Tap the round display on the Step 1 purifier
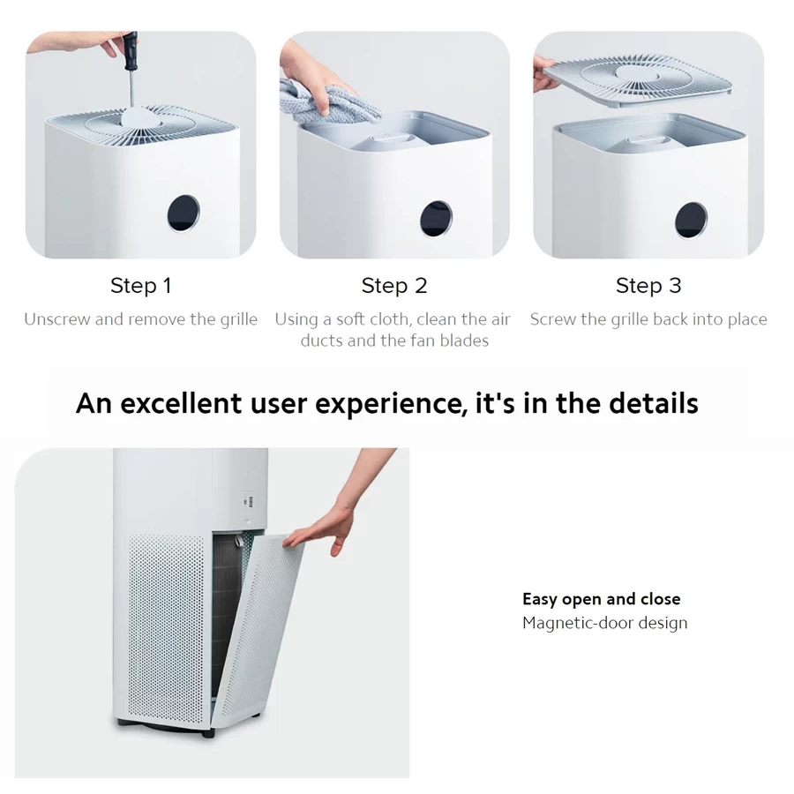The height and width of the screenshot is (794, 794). point(183,213)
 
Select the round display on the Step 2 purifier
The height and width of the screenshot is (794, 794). point(436,218)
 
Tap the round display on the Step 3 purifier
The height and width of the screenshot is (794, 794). point(690,220)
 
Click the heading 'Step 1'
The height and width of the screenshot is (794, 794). point(140,286)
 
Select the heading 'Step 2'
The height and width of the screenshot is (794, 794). point(394,286)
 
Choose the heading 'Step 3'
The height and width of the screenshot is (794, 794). point(648,286)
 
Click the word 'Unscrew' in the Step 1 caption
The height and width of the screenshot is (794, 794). point(56,319)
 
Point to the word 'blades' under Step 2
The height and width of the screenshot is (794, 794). point(462,341)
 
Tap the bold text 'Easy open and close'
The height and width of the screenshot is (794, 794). point(601,600)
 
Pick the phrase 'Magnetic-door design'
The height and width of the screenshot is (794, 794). point(604,623)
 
